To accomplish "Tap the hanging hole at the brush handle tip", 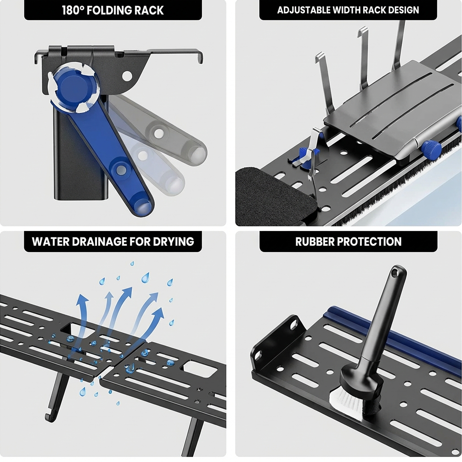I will point(394,274).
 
